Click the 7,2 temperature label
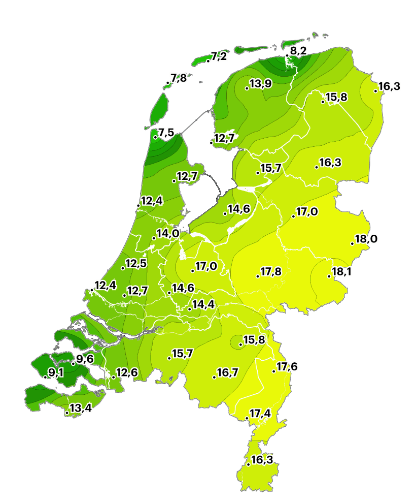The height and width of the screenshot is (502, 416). coord(219,56)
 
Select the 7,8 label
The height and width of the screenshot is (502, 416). coord(178,78)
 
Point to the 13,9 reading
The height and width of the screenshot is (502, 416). coord(260,83)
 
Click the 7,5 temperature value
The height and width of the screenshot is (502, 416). coord(166,133)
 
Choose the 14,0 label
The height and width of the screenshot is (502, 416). coord(167,233)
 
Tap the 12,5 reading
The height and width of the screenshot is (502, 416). coord(136,263)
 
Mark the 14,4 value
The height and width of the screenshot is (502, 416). coord(203,304)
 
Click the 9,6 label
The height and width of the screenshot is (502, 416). coord(85,359)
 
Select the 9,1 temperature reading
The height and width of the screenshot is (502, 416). coord(56,373)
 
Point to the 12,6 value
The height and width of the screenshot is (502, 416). coord(126,372)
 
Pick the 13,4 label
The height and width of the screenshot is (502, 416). coord(81,407)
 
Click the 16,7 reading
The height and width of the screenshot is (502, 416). coord(227,372)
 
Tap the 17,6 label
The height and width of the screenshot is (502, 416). coord(287,367)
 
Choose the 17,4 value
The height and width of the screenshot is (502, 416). coord(260,414)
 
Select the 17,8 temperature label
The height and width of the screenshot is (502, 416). coord(271,271)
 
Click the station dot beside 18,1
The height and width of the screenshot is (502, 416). coord(329,276)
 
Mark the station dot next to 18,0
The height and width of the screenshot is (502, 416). coord(353,243)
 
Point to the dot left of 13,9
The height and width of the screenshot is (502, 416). coord(247,88)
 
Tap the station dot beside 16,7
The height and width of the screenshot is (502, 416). coord(214,377)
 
